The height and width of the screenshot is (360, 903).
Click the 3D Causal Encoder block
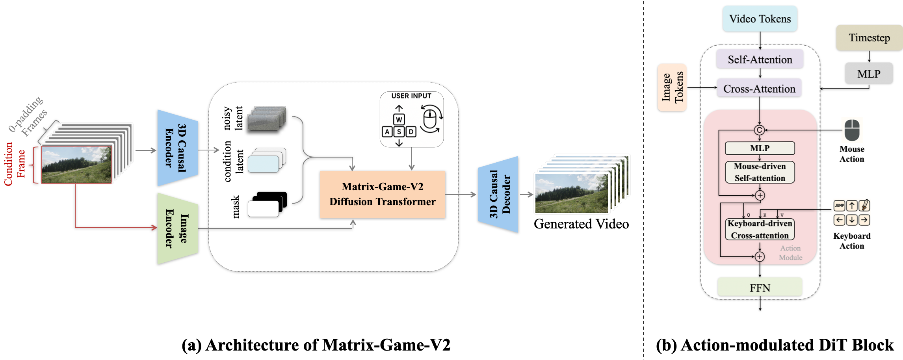(x=177, y=148)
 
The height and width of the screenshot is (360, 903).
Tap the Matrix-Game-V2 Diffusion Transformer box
(x=382, y=194)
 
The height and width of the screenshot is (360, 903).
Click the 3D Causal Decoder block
(x=498, y=194)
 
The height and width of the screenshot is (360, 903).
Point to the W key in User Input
(x=399, y=119)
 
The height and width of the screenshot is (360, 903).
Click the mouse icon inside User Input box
(x=431, y=119)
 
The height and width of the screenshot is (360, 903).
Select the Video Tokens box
(x=760, y=19)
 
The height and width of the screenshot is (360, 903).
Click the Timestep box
(x=869, y=38)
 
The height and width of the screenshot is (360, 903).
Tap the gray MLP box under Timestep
(x=869, y=74)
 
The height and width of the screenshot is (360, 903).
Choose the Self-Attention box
(x=760, y=59)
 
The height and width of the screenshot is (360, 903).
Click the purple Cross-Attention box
(x=759, y=89)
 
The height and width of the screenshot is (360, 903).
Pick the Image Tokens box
(x=672, y=87)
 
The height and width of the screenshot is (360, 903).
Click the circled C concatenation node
(x=759, y=130)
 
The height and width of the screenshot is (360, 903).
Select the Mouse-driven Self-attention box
(x=760, y=172)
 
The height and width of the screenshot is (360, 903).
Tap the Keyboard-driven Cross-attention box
(x=760, y=229)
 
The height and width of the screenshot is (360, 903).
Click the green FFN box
(x=760, y=288)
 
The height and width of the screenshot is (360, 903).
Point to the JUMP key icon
(x=839, y=205)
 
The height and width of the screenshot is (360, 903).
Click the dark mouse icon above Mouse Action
(x=852, y=130)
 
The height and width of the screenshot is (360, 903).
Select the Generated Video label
(x=581, y=224)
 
